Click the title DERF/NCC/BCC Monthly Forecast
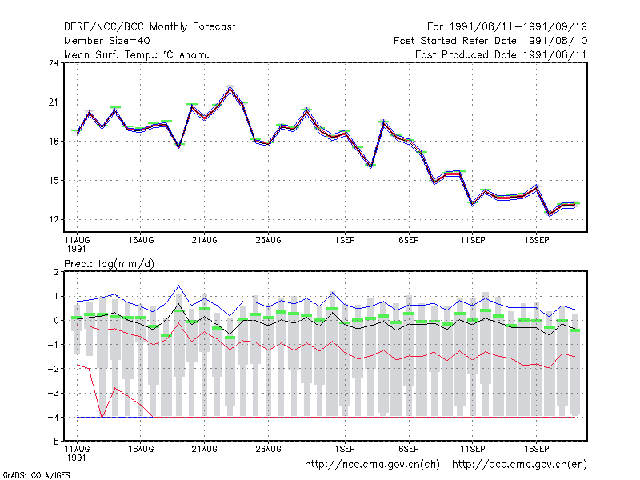(x=150, y=27)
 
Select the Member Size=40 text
(x=107, y=41)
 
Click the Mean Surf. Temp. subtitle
(x=137, y=54)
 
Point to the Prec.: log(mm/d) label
(x=109, y=264)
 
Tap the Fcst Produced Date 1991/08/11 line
(x=501, y=54)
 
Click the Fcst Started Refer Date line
(x=490, y=41)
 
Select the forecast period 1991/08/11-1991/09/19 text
(x=507, y=27)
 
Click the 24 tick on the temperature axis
(x=54, y=63)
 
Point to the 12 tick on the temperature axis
(x=54, y=219)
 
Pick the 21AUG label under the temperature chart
(x=205, y=240)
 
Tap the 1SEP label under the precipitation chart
(x=345, y=449)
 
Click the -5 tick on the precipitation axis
(x=54, y=442)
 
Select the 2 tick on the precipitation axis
(x=56, y=272)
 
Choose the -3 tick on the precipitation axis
(x=54, y=393)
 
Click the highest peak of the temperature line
(x=230, y=88)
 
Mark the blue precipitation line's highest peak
(x=178, y=286)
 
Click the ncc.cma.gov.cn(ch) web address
(x=373, y=465)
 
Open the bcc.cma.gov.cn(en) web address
(x=519, y=465)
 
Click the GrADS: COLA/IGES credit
(x=36, y=475)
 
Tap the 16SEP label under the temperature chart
(x=536, y=240)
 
